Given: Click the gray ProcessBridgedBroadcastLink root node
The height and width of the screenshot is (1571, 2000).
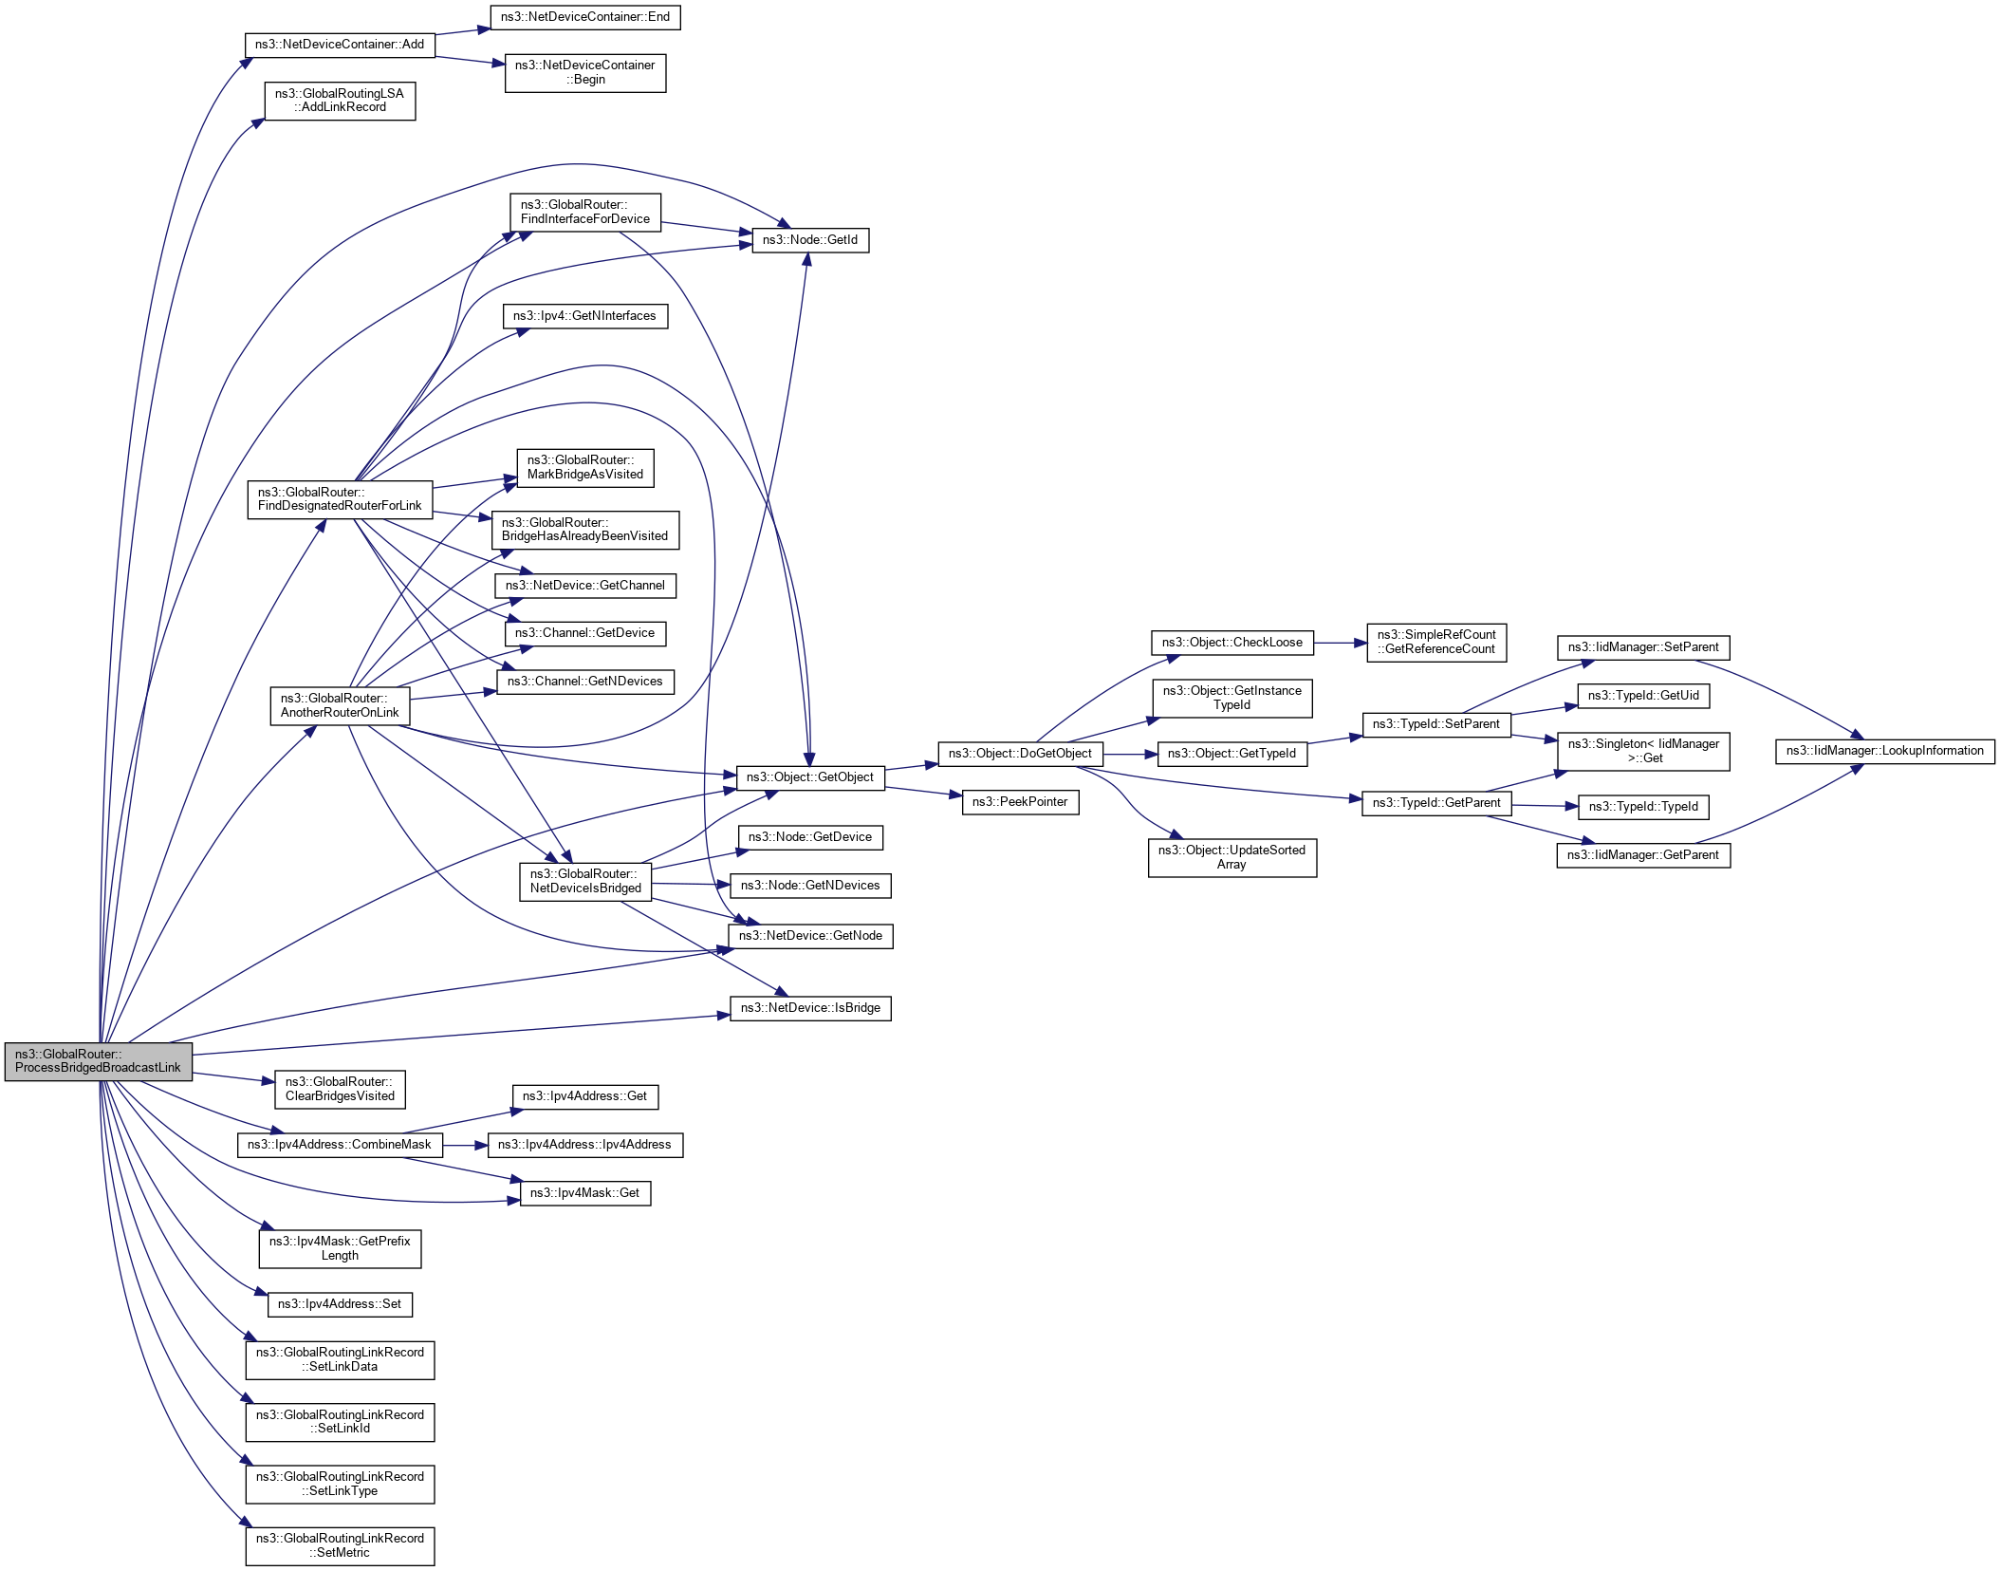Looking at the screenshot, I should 98,1061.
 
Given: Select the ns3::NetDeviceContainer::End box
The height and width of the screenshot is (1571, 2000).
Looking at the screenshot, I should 584,17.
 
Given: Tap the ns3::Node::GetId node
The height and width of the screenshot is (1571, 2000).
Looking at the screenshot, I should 809,240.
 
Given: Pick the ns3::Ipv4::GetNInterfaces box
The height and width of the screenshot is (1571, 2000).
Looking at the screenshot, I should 584,316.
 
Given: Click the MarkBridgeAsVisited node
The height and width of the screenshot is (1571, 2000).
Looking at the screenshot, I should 584,468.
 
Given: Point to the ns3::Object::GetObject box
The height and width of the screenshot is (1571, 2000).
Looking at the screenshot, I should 809,777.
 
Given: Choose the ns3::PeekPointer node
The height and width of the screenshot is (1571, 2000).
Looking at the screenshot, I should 1019,802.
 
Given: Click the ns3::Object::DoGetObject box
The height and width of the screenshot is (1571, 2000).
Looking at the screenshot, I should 1019,754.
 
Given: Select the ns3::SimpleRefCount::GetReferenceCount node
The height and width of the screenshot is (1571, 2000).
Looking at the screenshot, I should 1435,643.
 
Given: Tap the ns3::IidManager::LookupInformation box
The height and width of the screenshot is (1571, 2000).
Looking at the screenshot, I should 1884,751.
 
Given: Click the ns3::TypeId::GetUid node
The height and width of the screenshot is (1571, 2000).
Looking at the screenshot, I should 1642,696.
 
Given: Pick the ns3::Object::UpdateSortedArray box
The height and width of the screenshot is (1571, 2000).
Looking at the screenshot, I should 1231,857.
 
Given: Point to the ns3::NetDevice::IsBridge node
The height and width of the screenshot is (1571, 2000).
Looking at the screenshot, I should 809,1008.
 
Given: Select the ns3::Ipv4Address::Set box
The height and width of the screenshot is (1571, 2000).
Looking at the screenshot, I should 339,1304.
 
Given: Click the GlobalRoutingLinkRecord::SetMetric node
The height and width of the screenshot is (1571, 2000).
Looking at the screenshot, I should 339,1546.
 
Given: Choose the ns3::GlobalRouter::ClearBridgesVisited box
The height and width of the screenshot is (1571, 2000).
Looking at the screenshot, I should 339,1089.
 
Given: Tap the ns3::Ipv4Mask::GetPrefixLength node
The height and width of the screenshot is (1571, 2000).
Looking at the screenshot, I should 339,1248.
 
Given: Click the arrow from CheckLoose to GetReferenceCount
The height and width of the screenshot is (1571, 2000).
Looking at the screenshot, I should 1340,643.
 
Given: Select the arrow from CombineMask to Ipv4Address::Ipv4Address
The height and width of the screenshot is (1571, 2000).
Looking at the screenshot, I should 465,1146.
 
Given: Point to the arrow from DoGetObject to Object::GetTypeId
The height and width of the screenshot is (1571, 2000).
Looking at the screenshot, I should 1130,755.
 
